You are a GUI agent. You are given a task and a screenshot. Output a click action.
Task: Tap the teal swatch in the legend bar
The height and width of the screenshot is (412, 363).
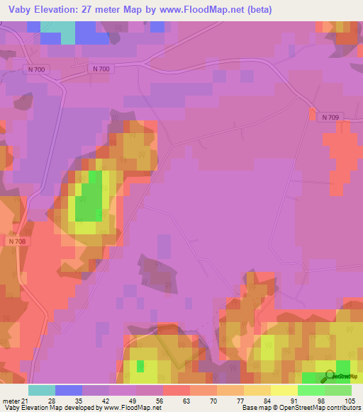pos(42,390)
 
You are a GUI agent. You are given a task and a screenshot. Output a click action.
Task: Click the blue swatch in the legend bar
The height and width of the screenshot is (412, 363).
pos(69,390)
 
